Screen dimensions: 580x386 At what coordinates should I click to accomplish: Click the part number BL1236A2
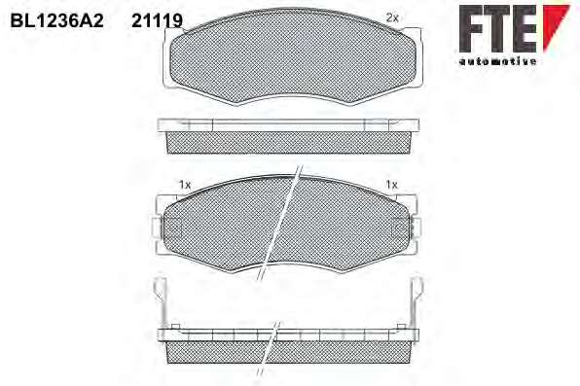(57, 20)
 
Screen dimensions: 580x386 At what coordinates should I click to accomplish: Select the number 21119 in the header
(158, 20)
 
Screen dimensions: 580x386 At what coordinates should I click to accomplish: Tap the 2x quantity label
(392, 18)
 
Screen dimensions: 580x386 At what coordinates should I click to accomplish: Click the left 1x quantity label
(185, 185)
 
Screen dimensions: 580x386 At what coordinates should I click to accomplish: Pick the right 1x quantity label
(391, 184)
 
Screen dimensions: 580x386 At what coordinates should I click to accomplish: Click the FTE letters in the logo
(498, 29)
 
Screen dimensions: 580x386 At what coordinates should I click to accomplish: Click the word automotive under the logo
(497, 61)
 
